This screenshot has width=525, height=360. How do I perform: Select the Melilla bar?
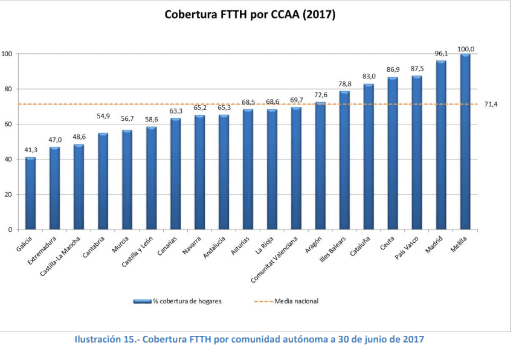[x=465, y=142]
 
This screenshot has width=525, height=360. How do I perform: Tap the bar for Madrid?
[x=441, y=145]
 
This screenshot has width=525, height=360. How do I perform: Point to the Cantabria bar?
[x=103, y=181]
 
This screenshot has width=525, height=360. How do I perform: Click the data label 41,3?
[x=30, y=150]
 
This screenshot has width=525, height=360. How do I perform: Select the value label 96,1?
[x=441, y=54]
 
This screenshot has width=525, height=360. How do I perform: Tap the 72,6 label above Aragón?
[x=320, y=95]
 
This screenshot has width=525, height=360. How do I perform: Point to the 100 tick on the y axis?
[x=7, y=54]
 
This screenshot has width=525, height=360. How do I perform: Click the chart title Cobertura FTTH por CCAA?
[x=250, y=15]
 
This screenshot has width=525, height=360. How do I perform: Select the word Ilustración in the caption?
[x=98, y=339]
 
